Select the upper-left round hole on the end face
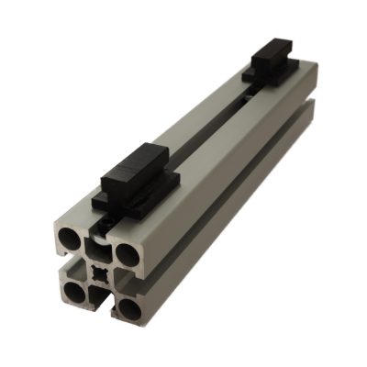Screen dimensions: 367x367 71,240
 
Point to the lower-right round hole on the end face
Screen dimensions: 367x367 129,308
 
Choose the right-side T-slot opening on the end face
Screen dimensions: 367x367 134,279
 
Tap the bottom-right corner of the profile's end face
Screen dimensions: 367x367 144,322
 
